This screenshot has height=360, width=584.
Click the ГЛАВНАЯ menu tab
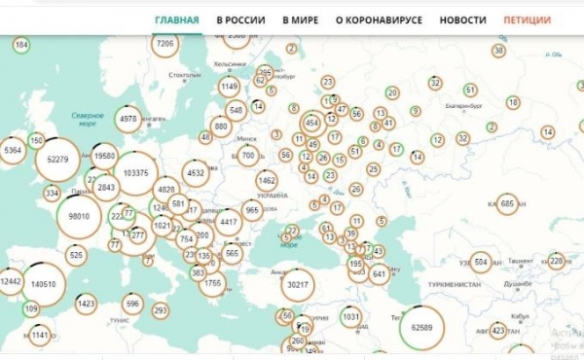point(177,19)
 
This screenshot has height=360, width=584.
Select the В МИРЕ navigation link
point(300,19)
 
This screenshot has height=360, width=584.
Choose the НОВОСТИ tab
point(462,19)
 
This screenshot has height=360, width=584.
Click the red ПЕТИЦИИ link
point(527,19)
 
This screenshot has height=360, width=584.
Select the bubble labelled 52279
point(57,160)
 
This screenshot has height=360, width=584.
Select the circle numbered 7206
point(165,44)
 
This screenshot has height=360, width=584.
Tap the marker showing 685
point(506,203)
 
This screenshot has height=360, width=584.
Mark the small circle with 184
point(21,45)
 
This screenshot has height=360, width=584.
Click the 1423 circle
point(86,304)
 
